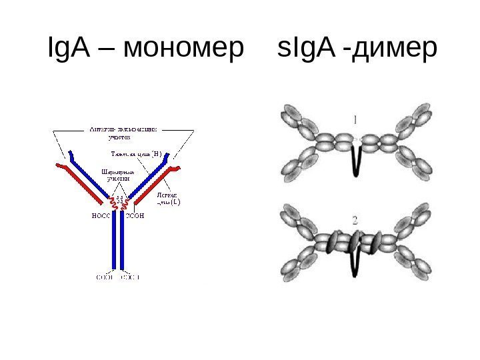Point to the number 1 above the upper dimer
pos(355,121)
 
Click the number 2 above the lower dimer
pos(355,219)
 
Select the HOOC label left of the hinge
pos(101,216)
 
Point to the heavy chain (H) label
pos(137,153)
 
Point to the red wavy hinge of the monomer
pos(120,203)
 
